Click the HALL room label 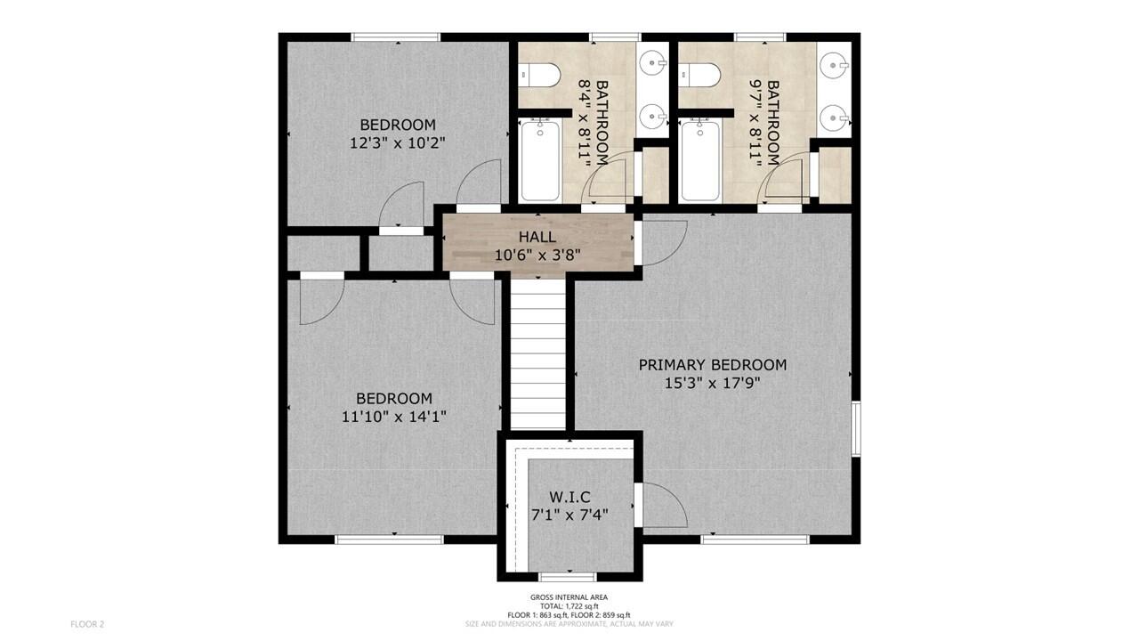click(537, 237)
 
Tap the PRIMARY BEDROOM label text click(712, 365)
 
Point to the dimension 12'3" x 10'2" click(397, 142)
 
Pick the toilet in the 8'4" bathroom click(540, 74)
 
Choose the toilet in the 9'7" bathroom click(700, 74)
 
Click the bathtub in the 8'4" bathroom click(540, 160)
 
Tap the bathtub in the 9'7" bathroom click(700, 160)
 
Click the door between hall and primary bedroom click(660, 242)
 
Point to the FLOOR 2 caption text click(87, 624)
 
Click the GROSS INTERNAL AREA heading click(569, 597)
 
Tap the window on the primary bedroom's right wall click(856, 429)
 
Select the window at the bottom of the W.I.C click(568, 577)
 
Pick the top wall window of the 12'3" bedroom click(396, 37)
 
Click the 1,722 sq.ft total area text click(569, 606)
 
